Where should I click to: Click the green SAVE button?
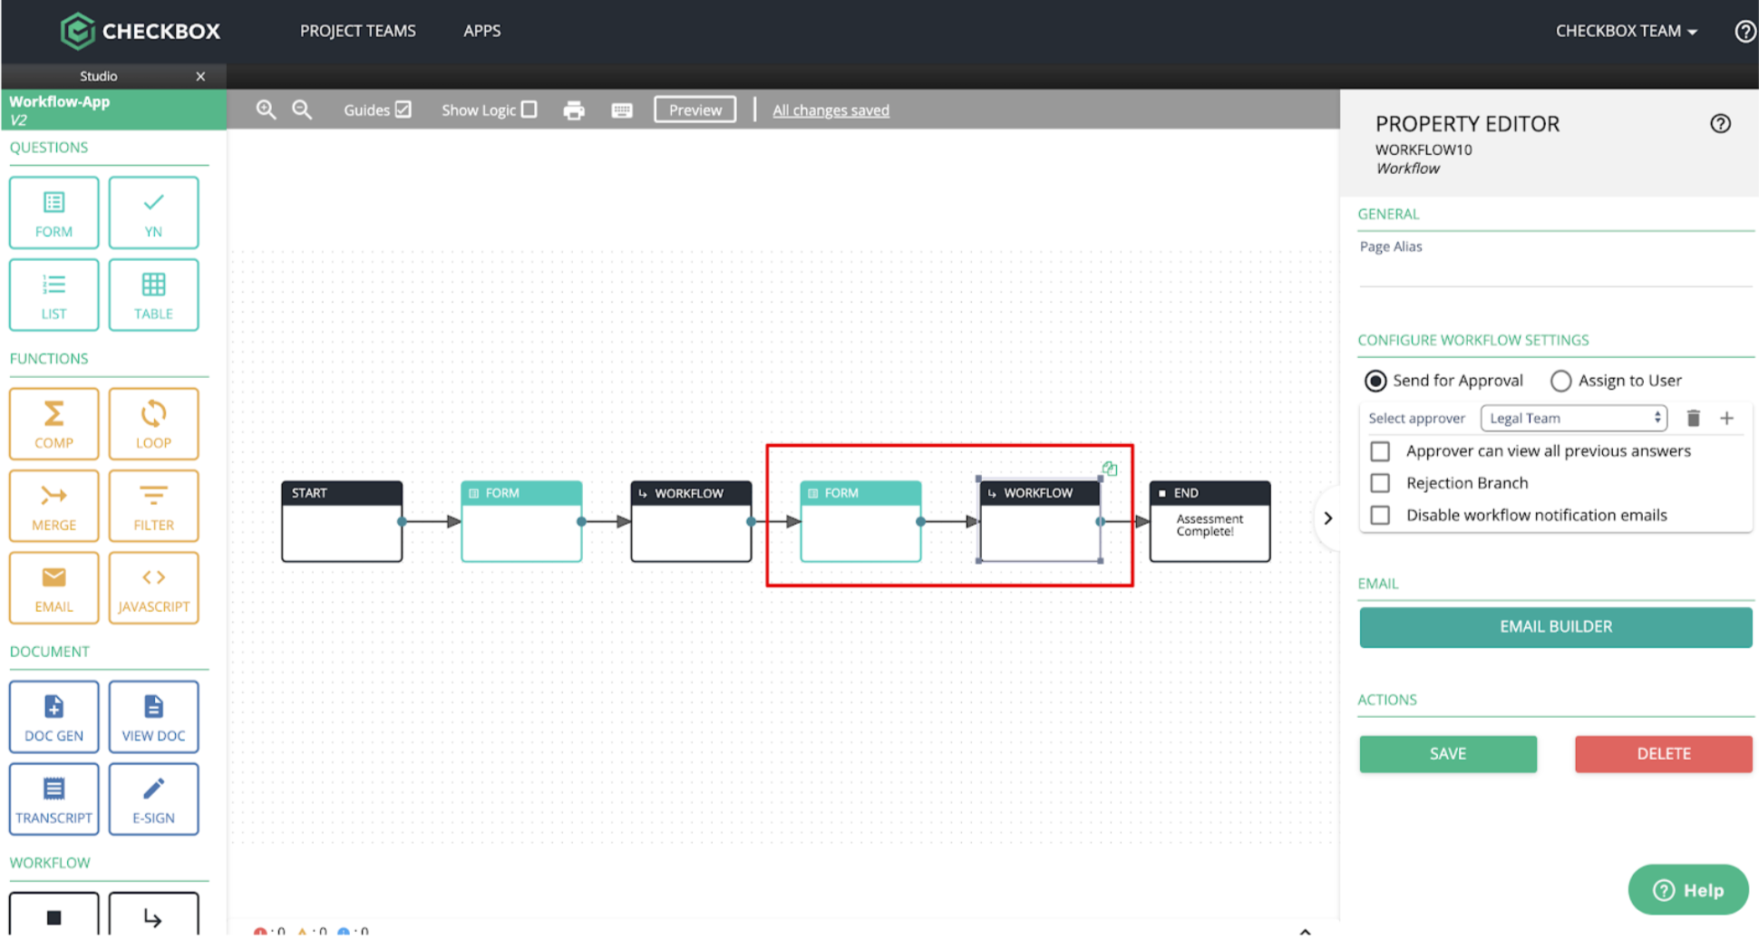[1447, 753]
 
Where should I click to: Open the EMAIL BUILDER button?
[1555, 626]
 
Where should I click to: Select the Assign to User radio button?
[1560, 381]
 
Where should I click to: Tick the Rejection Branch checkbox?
[1380, 483]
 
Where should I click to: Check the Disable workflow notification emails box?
[1380, 515]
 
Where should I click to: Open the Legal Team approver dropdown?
[1573, 418]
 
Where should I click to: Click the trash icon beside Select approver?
[1693, 418]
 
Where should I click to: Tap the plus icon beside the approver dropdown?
[1726, 418]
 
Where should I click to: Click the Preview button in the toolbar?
[695, 110]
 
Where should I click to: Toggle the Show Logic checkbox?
[530, 110]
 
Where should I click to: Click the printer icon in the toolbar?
[574, 111]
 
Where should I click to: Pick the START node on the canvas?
[342, 521]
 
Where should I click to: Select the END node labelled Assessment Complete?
[1210, 521]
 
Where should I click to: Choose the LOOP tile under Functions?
[153, 423]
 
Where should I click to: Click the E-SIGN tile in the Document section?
[153, 799]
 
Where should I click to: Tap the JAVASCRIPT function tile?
[153, 587]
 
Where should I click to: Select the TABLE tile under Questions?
[153, 295]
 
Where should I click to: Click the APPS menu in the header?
[481, 31]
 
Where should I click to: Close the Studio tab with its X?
[200, 76]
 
